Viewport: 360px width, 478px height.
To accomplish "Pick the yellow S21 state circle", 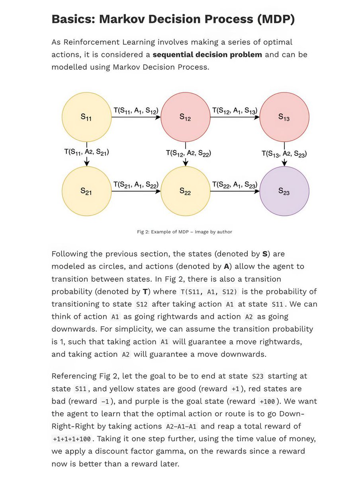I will point(86,191).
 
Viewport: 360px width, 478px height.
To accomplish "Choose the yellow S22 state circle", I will point(185,191).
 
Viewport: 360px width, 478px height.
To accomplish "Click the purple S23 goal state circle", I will point(284,191).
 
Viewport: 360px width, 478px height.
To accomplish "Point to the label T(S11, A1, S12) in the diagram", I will point(136,110).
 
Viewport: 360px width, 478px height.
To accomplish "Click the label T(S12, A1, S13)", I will point(235,110).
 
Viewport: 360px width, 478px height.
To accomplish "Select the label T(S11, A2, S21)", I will point(86,152).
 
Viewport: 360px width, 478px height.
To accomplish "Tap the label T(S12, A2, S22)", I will point(188,153).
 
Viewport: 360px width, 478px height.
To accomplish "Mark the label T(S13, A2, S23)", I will point(284,153).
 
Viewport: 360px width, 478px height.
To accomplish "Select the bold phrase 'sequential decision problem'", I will point(207,55).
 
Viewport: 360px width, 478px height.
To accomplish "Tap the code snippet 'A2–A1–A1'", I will point(181,426).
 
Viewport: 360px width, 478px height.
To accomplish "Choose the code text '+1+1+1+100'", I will point(71,439).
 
